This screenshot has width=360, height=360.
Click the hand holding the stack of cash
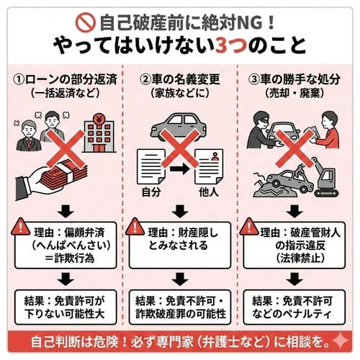pos(52,182)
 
